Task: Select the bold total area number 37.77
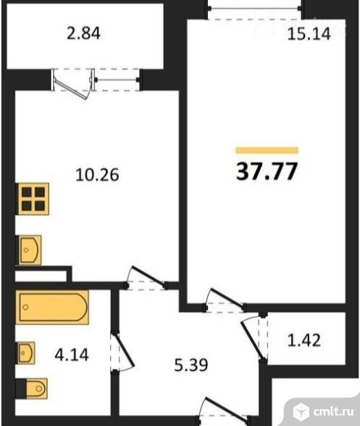[267, 171]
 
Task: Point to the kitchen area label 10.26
[97, 175]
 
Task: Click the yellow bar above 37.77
[267, 151]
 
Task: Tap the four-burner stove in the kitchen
[34, 199]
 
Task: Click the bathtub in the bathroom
[53, 307]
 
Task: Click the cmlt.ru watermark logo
[320, 409]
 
